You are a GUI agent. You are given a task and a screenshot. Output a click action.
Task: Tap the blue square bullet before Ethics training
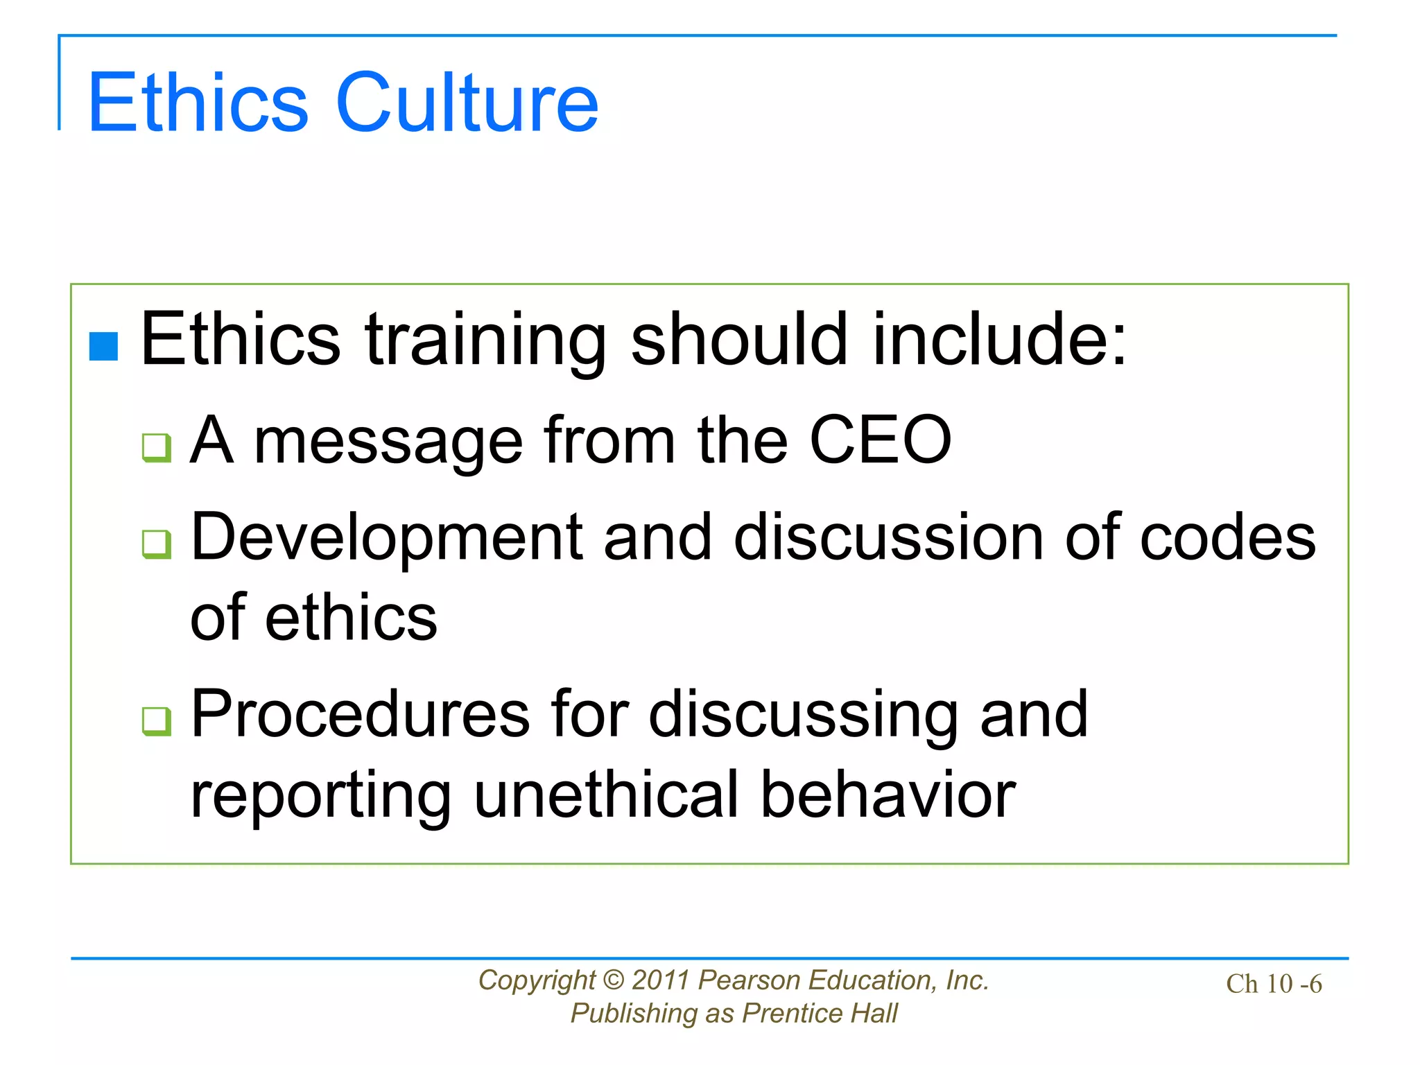click(104, 347)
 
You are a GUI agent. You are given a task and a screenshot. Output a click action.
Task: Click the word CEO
click(881, 440)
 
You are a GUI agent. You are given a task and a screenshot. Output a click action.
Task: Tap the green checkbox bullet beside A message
click(156, 447)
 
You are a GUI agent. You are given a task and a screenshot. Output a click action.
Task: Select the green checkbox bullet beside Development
click(156, 544)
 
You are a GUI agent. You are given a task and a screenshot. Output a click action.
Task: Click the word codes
click(1227, 537)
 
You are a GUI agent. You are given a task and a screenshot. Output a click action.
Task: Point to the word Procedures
click(361, 714)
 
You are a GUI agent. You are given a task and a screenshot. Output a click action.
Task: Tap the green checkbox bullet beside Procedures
click(156, 721)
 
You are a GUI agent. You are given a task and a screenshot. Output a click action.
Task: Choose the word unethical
click(607, 795)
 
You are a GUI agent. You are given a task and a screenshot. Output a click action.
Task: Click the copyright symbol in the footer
click(614, 980)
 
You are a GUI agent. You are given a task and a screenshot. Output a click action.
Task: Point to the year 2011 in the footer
click(661, 980)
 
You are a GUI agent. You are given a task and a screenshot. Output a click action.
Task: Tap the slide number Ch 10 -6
click(1274, 984)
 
